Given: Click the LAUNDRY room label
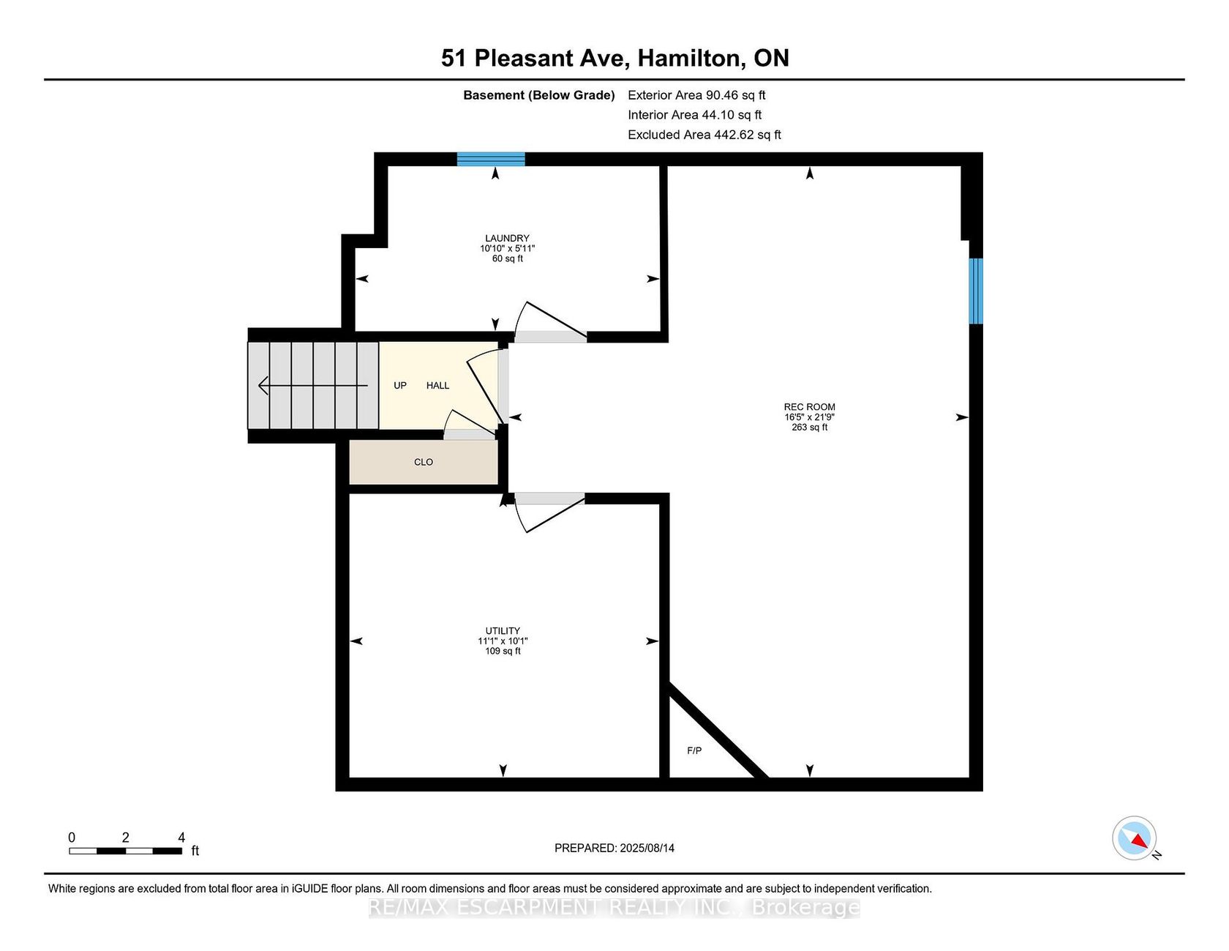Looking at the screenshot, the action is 507,238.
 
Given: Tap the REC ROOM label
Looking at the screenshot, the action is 809,407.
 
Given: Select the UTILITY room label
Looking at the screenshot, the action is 503,631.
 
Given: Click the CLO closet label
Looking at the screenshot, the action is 424,462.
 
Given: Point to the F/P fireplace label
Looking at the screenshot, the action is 694,750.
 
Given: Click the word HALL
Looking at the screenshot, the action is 437,385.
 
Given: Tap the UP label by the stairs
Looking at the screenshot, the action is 400,385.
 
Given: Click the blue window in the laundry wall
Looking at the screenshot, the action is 491,159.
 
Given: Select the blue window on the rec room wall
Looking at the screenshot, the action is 976,291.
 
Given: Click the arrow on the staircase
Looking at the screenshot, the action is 313,385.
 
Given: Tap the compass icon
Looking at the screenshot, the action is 1135,838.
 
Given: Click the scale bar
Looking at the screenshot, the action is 126,851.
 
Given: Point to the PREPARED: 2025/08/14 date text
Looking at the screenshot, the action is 614,848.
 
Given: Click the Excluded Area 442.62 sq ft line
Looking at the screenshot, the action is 704,135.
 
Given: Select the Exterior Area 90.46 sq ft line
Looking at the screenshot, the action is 696,95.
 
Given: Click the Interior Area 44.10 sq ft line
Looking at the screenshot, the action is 694,115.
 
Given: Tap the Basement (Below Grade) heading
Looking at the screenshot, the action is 539,95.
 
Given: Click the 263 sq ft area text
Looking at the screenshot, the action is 809,428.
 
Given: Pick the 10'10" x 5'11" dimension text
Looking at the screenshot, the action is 507,248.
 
